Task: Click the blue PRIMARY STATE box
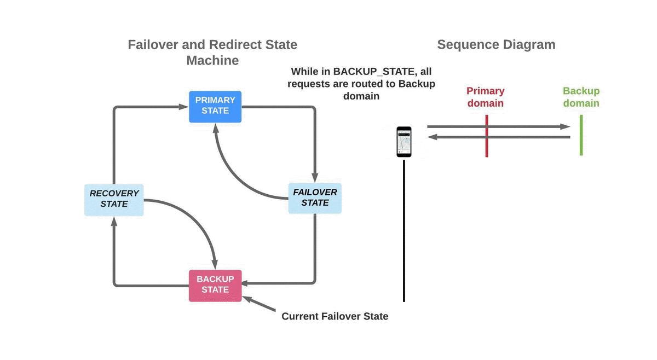tap(215, 106)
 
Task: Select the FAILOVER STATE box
tap(315, 198)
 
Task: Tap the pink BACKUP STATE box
tap(215, 285)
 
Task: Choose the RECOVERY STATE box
tap(114, 199)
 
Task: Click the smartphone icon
tap(404, 142)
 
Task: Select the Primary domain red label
tap(486, 97)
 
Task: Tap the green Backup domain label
tap(581, 97)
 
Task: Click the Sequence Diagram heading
tap(496, 45)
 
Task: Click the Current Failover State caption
tap(335, 316)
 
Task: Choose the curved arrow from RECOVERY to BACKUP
tap(197, 219)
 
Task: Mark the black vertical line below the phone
tap(404, 230)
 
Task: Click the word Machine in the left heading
tap(212, 61)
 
